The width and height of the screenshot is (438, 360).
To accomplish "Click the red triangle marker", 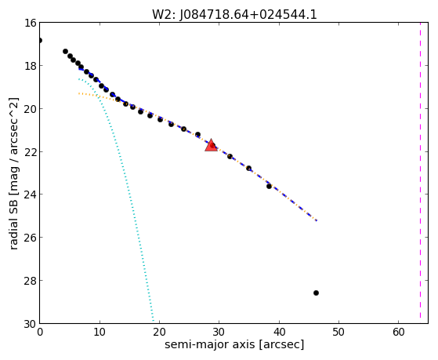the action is pos(211,145).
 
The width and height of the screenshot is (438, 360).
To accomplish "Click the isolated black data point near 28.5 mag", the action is pos(316,293).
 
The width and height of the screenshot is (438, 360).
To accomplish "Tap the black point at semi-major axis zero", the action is pos(40,41).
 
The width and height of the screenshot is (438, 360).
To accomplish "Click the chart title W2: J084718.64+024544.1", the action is pos(234,14).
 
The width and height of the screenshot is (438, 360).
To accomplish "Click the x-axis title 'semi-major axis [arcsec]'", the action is pos(234,344).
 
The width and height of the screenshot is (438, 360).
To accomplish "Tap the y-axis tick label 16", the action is pos(31,23).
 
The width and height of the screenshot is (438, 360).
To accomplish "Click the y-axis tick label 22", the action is pos(31,152).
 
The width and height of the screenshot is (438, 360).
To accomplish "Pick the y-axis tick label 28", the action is pos(31,281).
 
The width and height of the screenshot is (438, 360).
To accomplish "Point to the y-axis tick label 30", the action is pos(31,324).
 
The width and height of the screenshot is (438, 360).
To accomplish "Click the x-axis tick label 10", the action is pos(100,332).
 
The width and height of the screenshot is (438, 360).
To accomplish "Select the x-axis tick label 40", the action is pos(279,332).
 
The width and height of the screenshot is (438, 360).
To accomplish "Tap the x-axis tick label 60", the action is pos(398,332).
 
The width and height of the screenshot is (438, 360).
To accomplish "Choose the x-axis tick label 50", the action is pos(338,332).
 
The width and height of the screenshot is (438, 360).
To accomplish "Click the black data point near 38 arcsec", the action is pos(269,186).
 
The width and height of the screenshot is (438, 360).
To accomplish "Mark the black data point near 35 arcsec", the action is pos(248,168).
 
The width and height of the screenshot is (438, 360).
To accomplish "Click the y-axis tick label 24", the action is pos(31,195).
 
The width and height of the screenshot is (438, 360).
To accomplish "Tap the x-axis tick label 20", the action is pos(159,332).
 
